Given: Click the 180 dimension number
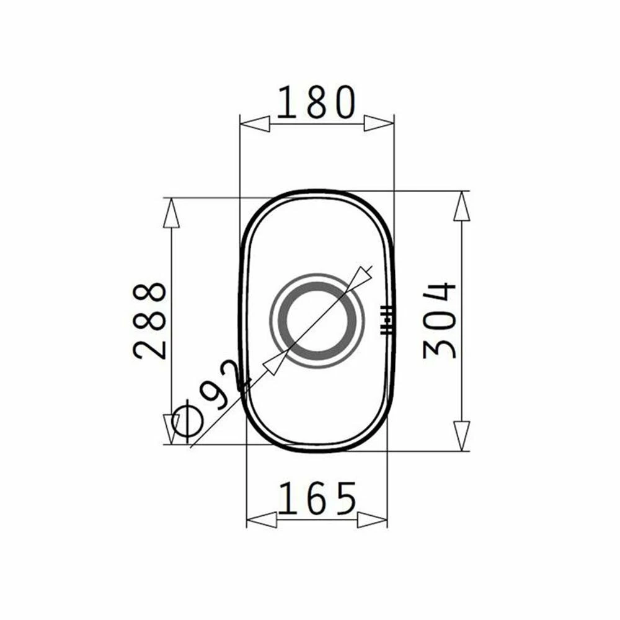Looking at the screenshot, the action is point(316,102).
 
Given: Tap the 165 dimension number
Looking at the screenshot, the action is point(317,498).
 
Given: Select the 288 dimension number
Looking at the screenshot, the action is point(149,321).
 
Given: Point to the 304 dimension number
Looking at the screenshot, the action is point(440,321).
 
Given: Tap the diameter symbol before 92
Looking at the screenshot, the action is point(187,427).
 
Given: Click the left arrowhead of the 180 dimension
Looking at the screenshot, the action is point(255,124).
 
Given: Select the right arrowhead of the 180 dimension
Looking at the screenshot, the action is point(379,123).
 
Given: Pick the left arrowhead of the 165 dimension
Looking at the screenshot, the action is point(262,519).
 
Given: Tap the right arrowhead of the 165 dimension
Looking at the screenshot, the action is point(372,519).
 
